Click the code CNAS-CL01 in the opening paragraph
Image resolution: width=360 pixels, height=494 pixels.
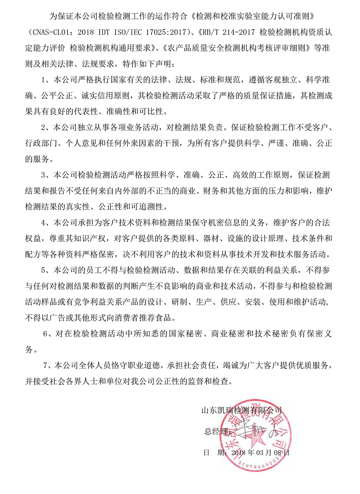coord(48,33)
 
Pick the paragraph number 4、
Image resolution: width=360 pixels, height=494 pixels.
coord(47,222)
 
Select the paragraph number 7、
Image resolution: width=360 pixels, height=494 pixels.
coord(48,365)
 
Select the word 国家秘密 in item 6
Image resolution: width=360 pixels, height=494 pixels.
coord(187,334)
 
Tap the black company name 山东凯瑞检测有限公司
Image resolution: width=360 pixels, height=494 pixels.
coord(242,410)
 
